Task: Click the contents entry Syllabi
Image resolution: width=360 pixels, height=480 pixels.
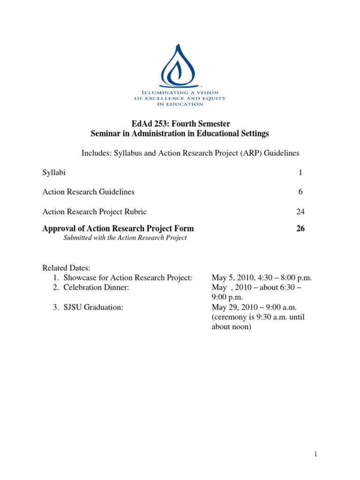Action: pyautogui.click(x=54, y=172)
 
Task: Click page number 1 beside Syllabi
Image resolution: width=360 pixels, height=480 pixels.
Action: pyautogui.click(x=300, y=172)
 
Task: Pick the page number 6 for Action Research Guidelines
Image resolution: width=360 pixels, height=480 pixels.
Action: pyautogui.click(x=300, y=192)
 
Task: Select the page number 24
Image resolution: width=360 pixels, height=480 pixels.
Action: pyautogui.click(x=300, y=211)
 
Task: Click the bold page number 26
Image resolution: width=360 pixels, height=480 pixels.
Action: pyautogui.click(x=300, y=229)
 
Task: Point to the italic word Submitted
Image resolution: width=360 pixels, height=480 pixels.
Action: pyautogui.click(x=77, y=238)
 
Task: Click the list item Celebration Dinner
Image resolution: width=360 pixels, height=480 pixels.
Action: pyautogui.click(x=96, y=288)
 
